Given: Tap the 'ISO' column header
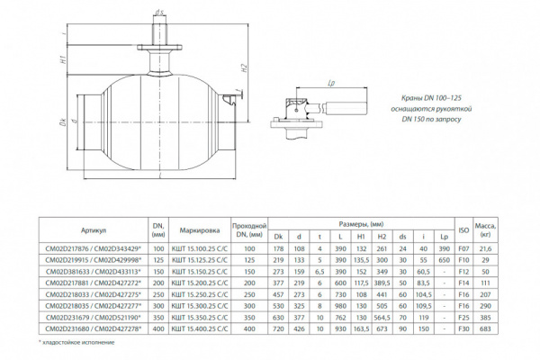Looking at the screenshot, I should pos(464,229).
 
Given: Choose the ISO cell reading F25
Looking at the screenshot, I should pos(464,318).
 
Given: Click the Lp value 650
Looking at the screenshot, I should pos(443,259).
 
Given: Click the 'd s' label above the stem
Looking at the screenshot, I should pos(157,12).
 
